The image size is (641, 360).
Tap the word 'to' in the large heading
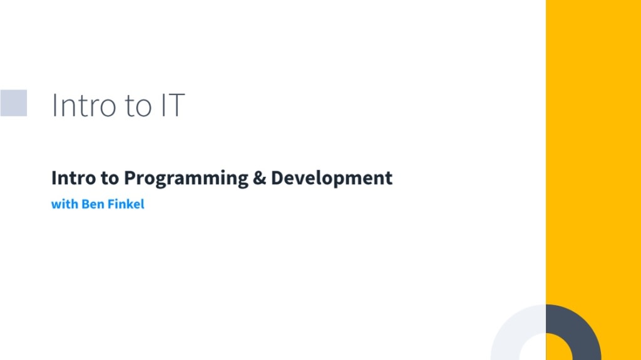click(138, 106)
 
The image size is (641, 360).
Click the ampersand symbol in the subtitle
click(260, 178)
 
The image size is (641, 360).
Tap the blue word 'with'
click(64, 204)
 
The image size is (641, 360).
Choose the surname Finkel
click(126, 204)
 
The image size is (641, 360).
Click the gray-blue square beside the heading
click(13, 103)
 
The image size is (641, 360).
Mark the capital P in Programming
click(128, 178)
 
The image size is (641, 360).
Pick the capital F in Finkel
click(111, 204)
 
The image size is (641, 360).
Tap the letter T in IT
click(177, 105)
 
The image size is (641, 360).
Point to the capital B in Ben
click(85, 204)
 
